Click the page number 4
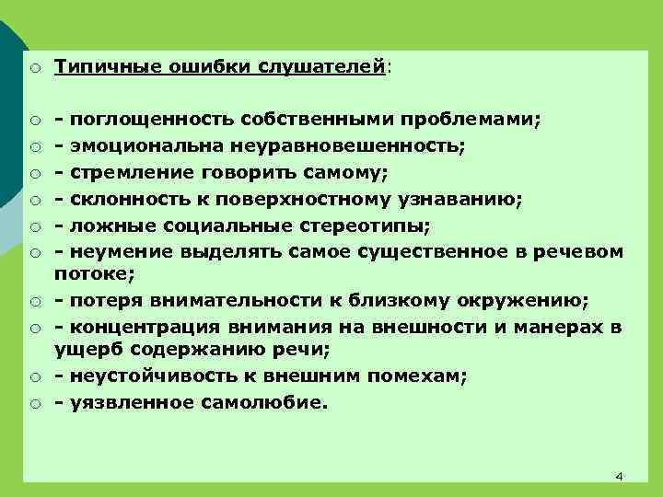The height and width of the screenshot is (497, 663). tap(619, 476)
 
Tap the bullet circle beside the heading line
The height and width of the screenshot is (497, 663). tap(32, 67)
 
